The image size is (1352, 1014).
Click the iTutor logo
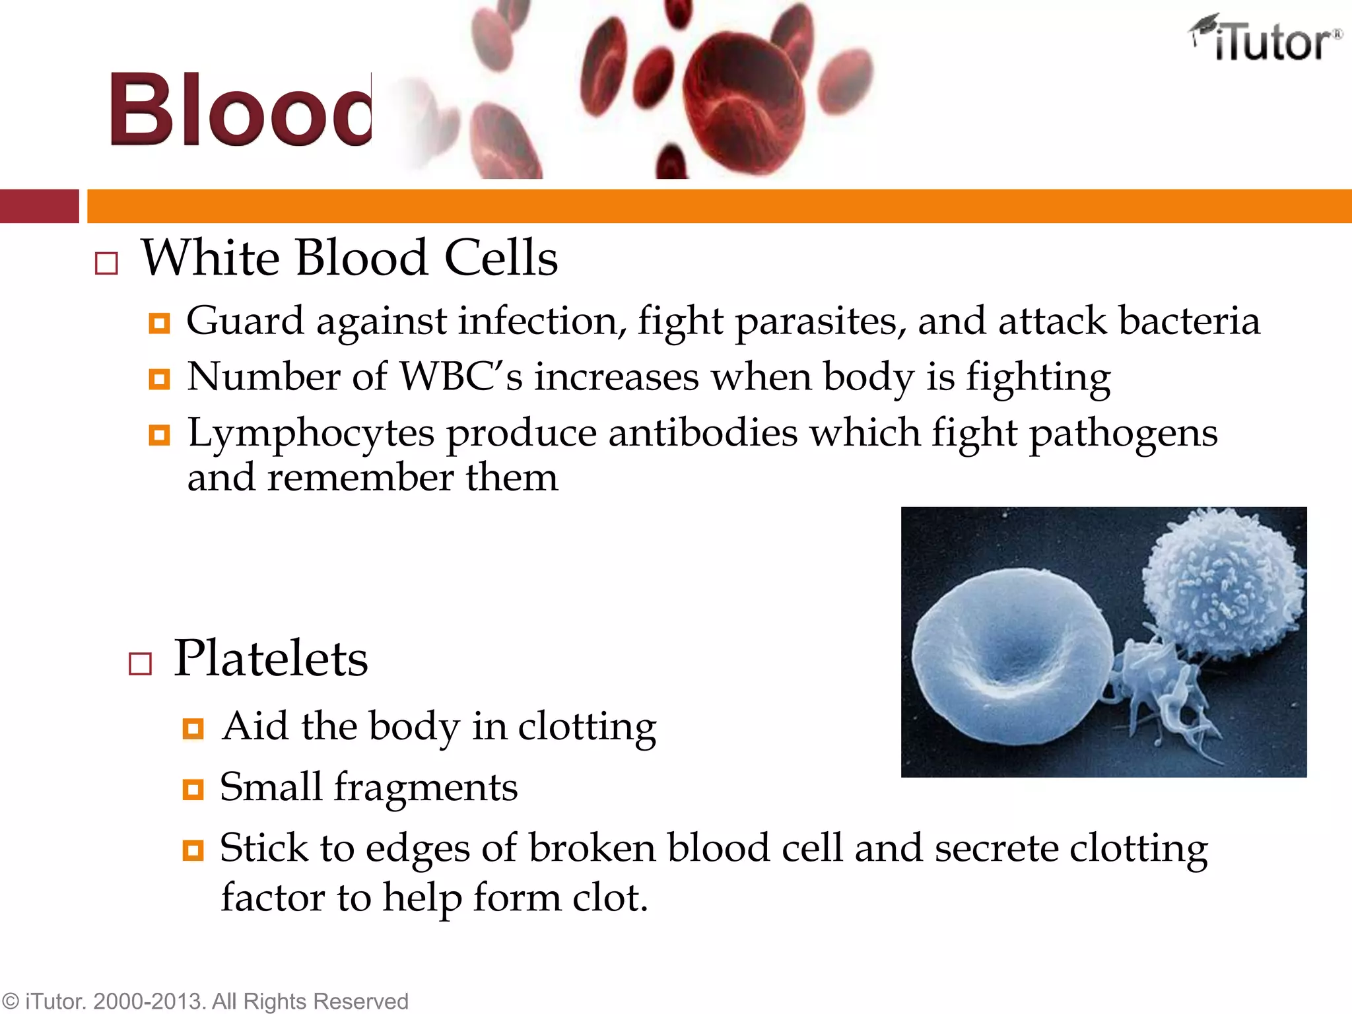1266,40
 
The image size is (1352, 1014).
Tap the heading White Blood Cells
349,257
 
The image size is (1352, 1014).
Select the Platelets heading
271,658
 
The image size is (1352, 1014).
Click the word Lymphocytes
311,434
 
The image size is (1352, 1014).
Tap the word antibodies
702,434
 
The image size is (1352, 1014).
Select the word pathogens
1123,434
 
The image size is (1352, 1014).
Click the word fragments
425,788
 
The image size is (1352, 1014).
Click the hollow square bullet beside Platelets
140,663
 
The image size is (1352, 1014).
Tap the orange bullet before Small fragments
193,790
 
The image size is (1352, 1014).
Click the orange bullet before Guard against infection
159,323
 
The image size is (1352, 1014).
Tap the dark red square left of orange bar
39,206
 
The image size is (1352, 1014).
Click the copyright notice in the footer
205,1001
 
